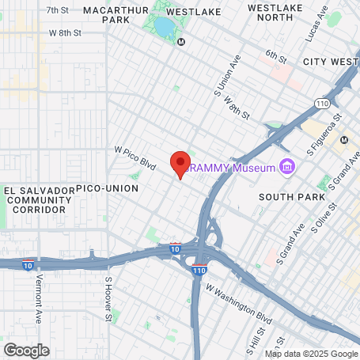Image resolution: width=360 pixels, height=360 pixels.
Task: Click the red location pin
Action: click(x=180, y=162)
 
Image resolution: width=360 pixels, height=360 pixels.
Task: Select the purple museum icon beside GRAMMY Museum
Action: click(x=288, y=168)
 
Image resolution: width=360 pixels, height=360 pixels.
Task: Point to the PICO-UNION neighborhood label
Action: click(x=107, y=188)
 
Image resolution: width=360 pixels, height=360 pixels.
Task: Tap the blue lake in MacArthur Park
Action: click(x=164, y=28)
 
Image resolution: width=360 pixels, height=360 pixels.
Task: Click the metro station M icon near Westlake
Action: click(x=182, y=42)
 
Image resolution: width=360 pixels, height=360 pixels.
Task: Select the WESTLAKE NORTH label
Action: click(x=276, y=12)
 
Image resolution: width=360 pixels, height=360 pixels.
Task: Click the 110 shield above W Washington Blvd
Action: click(x=199, y=270)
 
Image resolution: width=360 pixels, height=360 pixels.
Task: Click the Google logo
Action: click(x=26, y=350)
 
